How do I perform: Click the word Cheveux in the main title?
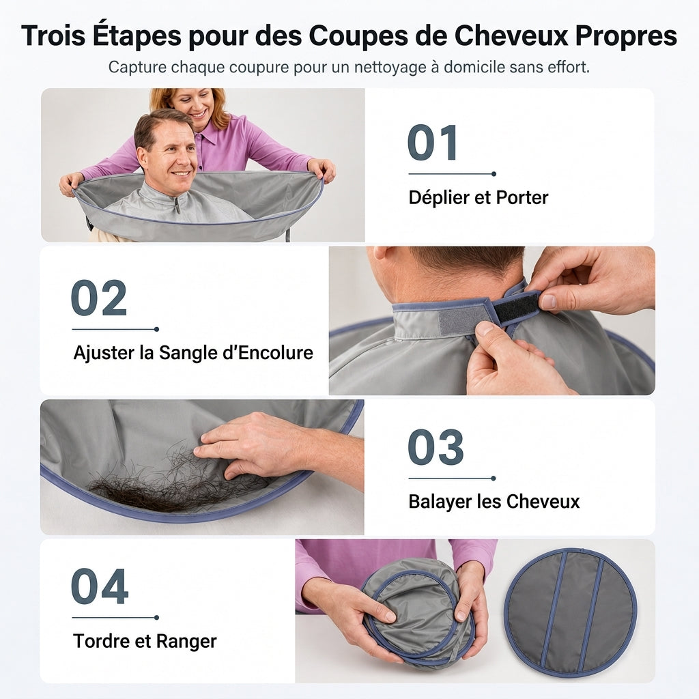point(511,35)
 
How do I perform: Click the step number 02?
point(98,298)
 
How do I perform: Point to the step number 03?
point(436,446)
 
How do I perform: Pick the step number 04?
point(100,586)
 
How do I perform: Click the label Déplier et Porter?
point(479,197)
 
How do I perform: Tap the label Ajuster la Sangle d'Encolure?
point(193,353)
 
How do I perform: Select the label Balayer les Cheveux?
point(494,502)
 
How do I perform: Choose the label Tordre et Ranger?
point(145,642)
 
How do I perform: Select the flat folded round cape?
point(571,613)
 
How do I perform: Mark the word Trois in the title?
point(53,35)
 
